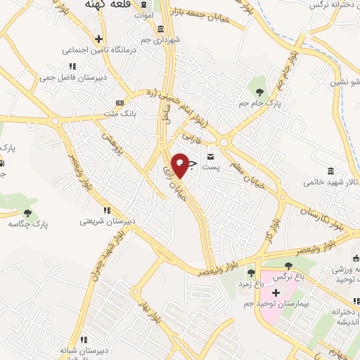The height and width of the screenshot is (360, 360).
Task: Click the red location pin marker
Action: [180, 165]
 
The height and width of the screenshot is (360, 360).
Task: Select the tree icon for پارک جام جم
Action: [260, 91]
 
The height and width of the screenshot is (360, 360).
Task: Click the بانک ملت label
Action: [118, 112]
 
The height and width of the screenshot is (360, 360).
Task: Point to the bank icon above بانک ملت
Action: [119, 101]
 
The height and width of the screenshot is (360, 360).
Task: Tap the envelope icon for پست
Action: [211, 155]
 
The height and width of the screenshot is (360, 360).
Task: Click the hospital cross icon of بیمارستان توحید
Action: [276, 292]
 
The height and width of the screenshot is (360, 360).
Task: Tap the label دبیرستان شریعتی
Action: [105, 221]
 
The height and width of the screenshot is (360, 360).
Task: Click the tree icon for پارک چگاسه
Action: [28, 212]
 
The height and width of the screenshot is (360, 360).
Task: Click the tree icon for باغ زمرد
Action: [251, 273]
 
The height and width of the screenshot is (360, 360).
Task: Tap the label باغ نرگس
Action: [290, 276]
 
